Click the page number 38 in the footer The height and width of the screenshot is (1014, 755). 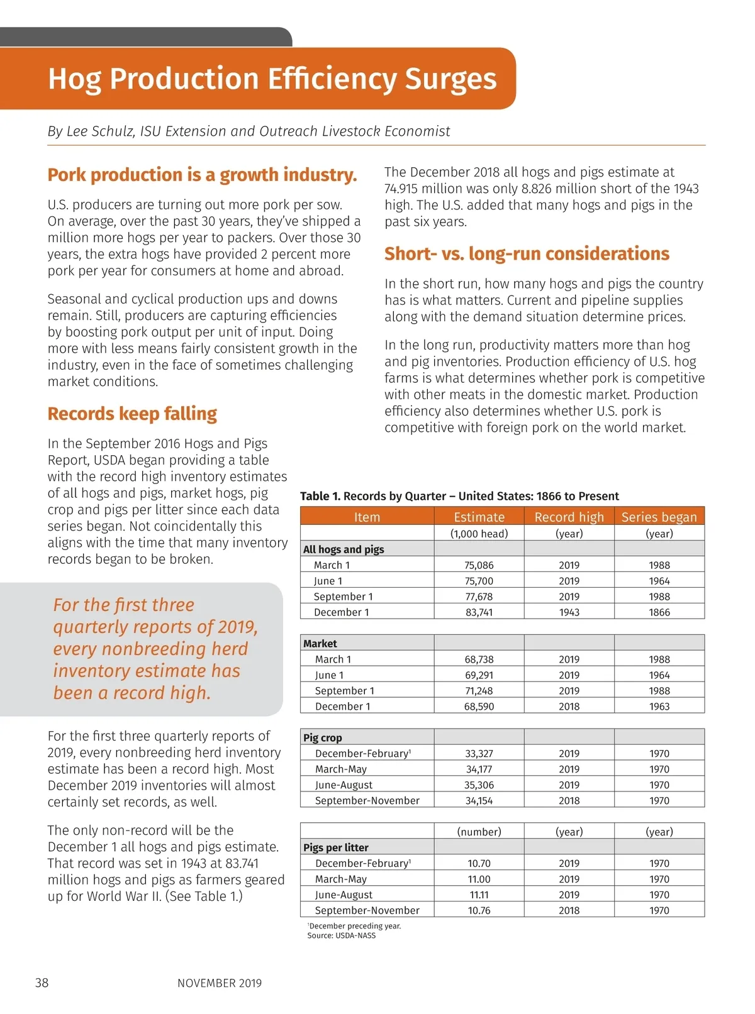click(42, 983)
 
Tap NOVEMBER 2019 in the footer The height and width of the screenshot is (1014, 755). click(220, 983)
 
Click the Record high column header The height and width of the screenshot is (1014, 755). click(569, 517)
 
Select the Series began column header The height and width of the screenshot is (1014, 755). click(659, 517)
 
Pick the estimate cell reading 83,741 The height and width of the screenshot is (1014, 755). click(479, 612)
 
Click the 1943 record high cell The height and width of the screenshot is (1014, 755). click(569, 612)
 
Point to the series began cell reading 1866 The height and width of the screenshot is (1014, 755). click(659, 612)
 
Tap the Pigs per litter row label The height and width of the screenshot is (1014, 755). click(336, 847)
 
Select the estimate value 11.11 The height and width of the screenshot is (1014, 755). click(479, 895)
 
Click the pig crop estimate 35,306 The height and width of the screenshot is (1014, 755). click(479, 785)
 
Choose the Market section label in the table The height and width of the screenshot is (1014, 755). click(320, 644)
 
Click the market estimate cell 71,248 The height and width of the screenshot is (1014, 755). click(479, 691)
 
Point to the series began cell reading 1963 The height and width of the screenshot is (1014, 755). click(659, 707)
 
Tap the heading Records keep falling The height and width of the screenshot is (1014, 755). click(132, 414)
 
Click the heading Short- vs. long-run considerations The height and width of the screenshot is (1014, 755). click(527, 253)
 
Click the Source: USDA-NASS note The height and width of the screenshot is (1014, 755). click(341, 935)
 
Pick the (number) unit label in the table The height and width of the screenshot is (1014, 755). click(479, 832)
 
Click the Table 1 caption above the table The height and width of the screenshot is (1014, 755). click(459, 496)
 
